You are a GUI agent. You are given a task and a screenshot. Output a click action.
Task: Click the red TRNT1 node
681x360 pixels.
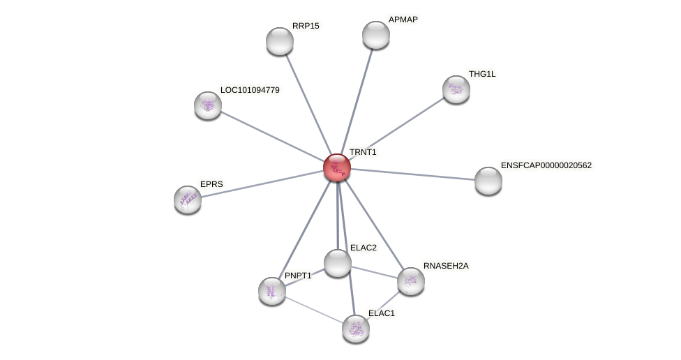(337, 167)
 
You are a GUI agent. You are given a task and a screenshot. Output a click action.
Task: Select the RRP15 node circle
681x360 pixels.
(280, 41)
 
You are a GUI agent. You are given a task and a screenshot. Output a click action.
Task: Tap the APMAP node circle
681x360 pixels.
(376, 35)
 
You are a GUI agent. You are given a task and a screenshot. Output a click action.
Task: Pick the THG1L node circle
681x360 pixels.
(456, 89)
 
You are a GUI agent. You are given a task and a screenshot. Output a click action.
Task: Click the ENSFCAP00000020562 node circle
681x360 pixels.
(488, 181)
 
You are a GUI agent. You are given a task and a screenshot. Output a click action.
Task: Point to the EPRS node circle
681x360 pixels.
(188, 200)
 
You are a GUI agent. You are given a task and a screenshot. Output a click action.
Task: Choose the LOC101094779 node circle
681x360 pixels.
(208, 105)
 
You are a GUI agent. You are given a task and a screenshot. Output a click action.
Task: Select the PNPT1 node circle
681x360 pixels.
(272, 290)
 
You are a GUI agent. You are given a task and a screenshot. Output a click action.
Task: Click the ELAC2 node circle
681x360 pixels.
(338, 263)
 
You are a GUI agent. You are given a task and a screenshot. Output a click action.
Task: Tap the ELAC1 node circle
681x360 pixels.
(356, 329)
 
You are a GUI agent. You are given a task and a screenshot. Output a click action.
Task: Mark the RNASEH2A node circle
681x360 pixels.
(411, 281)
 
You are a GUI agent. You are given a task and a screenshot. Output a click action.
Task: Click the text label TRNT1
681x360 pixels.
(363, 152)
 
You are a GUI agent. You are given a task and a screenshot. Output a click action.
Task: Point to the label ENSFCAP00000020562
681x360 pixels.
(546, 165)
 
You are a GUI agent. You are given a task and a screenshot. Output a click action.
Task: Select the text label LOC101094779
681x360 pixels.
(250, 90)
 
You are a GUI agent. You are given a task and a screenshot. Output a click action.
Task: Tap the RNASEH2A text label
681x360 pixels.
(446, 266)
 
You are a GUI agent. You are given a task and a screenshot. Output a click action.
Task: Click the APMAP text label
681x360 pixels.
(403, 20)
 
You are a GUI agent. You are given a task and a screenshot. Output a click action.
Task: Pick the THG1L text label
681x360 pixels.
(481, 74)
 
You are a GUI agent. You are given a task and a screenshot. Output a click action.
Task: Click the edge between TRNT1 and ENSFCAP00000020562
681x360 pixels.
(412, 174)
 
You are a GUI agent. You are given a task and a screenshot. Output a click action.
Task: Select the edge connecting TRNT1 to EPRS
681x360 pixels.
(262, 183)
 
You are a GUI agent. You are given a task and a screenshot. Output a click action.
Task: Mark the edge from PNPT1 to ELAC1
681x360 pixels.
(314, 309)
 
